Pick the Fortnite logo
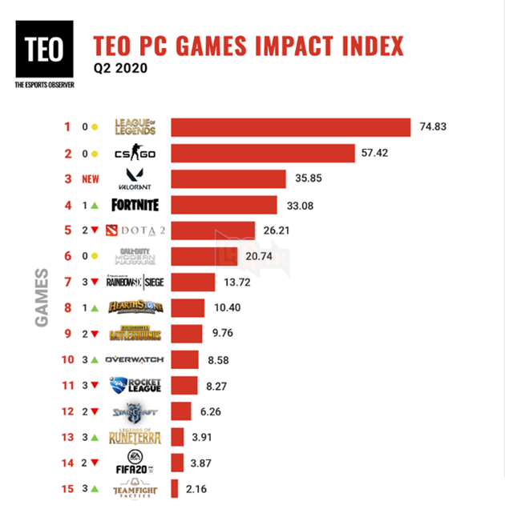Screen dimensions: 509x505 point(135,205)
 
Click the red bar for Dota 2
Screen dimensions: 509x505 point(212,230)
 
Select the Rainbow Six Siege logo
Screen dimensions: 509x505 point(135,282)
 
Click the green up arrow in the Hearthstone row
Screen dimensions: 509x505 point(95,308)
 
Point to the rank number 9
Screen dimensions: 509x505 point(68,334)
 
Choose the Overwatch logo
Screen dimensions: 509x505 point(135,359)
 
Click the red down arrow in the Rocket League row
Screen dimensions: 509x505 point(95,386)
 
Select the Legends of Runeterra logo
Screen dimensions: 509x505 point(135,437)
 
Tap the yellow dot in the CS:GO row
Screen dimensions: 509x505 point(95,153)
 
